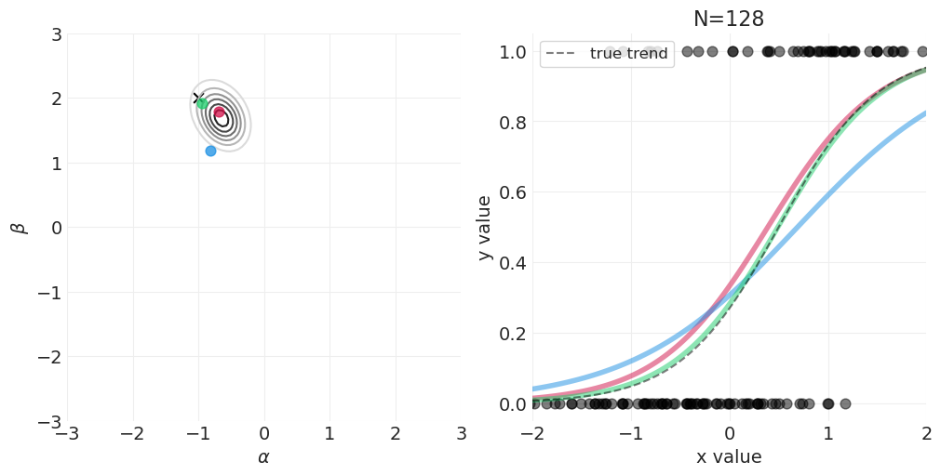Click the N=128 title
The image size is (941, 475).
[728, 20]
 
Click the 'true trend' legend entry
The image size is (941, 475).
[628, 54]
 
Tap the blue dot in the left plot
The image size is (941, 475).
[210, 151]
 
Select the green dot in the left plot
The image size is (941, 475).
[202, 103]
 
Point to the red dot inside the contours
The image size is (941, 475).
[219, 112]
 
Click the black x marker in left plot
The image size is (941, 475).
[196, 98]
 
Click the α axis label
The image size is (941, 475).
[263, 457]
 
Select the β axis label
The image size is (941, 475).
[18, 228]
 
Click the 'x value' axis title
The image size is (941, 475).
[729, 457]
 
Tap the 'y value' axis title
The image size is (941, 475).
[484, 228]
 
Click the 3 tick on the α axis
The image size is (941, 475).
[461, 434]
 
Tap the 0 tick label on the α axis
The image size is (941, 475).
[263, 434]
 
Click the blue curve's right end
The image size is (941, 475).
[924, 113]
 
